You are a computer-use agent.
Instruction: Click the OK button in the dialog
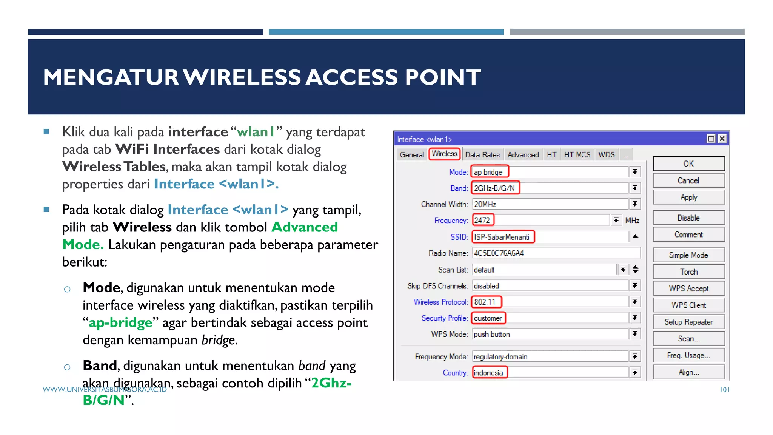click(x=688, y=164)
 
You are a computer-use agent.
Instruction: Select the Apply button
click(x=688, y=197)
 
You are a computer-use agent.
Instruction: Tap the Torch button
click(x=688, y=271)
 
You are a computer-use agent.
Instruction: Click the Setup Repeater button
click(x=688, y=322)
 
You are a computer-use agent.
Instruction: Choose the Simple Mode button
click(x=688, y=255)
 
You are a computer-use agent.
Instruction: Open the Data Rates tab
click(x=482, y=155)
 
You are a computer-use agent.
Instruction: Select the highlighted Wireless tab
click(x=444, y=154)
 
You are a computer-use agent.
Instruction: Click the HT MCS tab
click(x=577, y=155)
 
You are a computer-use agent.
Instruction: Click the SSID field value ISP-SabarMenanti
click(x=502, y=237)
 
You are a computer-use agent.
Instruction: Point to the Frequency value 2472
click(x=482, y=220)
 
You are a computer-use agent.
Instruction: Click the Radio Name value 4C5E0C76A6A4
click(x=499, y=253)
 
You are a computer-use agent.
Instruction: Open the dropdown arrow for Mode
click(x=635, y=172)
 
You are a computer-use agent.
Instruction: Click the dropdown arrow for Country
click(x=635, y=373)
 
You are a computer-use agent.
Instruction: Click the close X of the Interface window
click(x=722, y=139)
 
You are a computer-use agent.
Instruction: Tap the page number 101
click(x=724, y=390)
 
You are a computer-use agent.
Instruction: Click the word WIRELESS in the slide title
click(x=243, y=77)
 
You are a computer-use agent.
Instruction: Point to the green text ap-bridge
click(x=120, y=323)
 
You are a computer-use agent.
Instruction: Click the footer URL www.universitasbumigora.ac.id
click(x=105, y=389)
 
